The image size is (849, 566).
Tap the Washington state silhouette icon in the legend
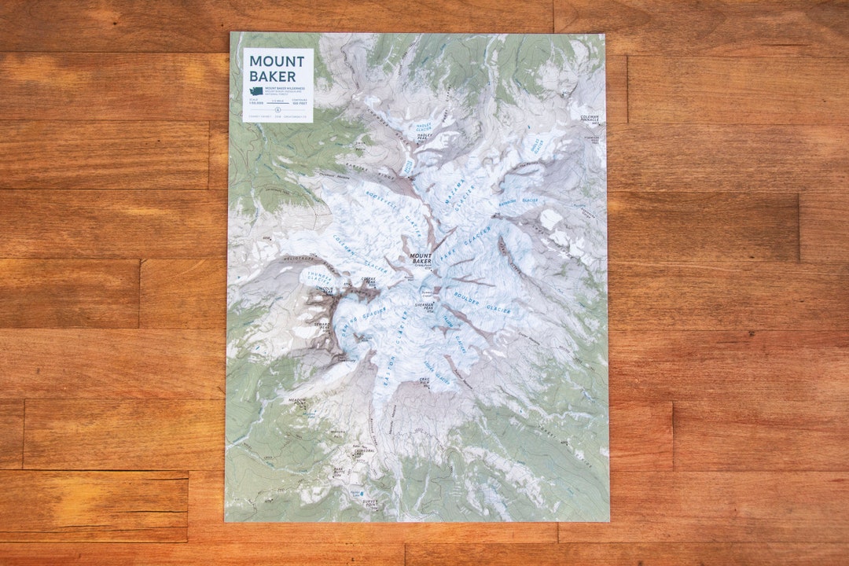click(x=250, y=92)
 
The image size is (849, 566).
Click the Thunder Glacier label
click(x=318, y=274)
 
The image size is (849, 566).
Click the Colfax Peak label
click(x=368, y=281)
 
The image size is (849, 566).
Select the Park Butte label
click(x=339, y=470)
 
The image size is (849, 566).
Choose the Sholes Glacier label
click(x=537, y=145)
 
